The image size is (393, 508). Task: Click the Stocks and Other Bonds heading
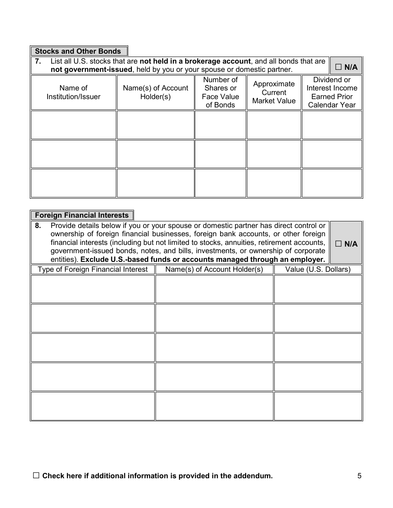78,51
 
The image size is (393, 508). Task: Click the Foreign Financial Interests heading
81,215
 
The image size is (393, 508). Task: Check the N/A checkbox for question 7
338,67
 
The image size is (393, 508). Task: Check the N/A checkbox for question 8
338,244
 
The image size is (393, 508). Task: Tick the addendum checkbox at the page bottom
36,475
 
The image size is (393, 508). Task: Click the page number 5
359,476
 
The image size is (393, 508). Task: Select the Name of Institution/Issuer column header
74,92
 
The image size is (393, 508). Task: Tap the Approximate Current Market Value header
274,92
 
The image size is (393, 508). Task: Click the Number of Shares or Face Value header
220,92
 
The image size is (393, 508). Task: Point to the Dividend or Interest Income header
332,92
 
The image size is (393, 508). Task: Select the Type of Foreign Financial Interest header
93,269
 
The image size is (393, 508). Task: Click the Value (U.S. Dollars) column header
318,269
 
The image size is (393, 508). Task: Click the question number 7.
38,61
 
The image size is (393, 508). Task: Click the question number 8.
38,226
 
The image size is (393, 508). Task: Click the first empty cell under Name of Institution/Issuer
74,125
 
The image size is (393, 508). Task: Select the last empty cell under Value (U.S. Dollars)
318,406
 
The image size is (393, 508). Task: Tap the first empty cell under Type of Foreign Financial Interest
93,289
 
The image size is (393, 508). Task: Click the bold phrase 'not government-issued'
91,70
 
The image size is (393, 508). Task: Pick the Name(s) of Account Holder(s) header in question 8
214,269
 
